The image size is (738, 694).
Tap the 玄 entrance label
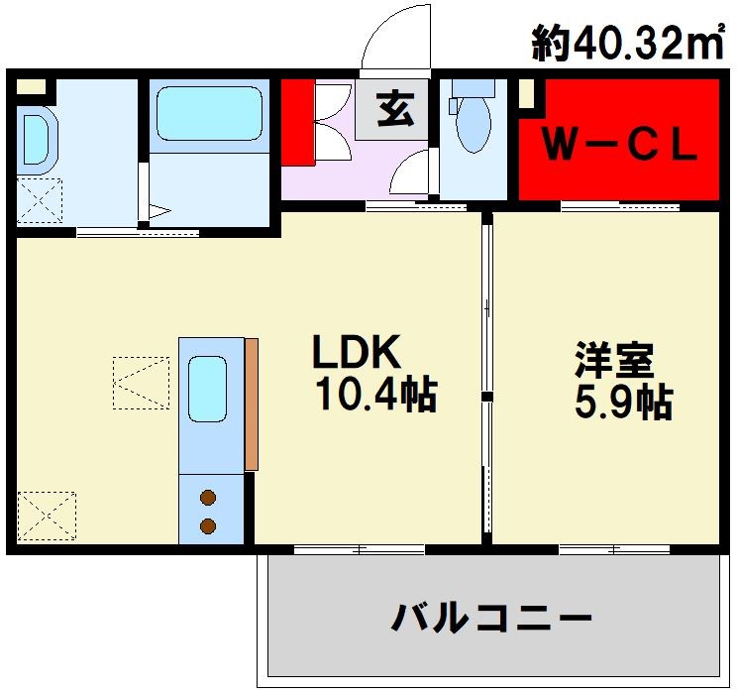[395, 108]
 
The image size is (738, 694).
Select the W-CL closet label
[619, 146]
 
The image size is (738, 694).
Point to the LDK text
[356, 352]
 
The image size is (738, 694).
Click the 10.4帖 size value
[375, 396]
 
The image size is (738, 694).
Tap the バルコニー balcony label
[491, 620]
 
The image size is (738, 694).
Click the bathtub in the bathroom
[210, 114]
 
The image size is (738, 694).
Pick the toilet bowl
[474, 124]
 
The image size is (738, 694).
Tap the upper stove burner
[209, 499]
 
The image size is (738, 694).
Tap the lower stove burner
[209, 524]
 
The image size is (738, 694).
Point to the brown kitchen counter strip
[252, 404]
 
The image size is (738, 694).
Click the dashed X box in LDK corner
[47, 517]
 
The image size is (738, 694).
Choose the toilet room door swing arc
[411, 173]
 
